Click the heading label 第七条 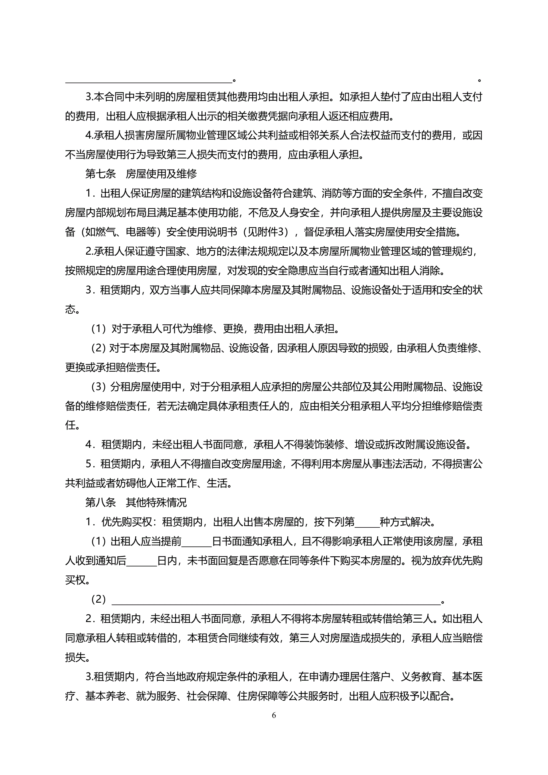(x=100, y=174)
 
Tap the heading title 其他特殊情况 (x=156, y=503)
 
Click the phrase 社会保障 (x=207, y=696)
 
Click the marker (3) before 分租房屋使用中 (x=99, y=387)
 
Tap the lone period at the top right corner (x=479, y=80)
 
